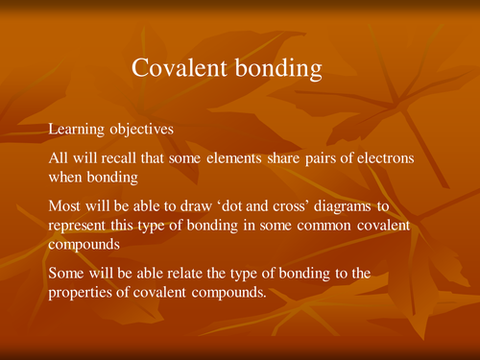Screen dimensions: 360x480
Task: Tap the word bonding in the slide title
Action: click(279, 69)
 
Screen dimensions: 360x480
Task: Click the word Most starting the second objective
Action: click(65, 204)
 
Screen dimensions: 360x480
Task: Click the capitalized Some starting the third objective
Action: click(67, 274)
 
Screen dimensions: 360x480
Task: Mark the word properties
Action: click(83, 292)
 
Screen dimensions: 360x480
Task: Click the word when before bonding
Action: click(66, 178)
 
